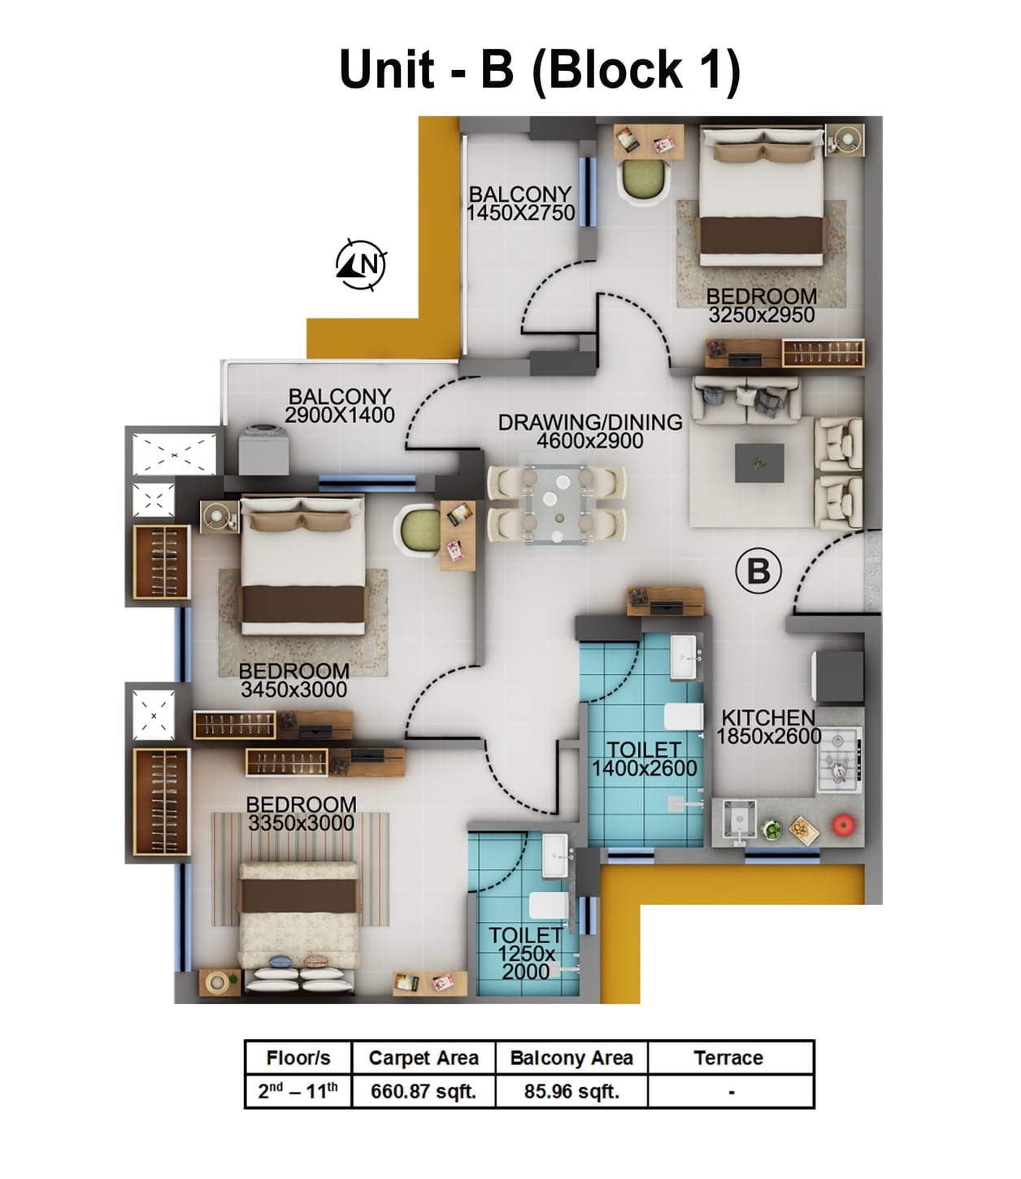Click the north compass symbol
click(361, 264)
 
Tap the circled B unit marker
click(758, 571)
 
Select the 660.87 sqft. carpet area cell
click(423, 1091)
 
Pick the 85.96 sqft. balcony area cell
click(571, 1091)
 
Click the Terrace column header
click(728, 1058)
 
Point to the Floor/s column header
click(298, 1058)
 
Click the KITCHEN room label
click(768, 718)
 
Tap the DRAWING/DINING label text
click(590, 423)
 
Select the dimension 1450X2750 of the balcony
click(520, 213)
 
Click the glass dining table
click(556, 504)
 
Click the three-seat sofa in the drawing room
click(745, 398)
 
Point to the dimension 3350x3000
click(301, 824)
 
